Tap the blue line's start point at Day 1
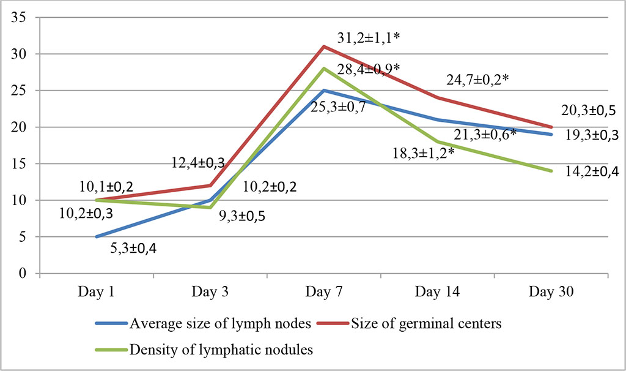click(x=97, y=237)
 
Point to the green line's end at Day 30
click(x=551, y=171)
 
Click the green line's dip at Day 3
click(x=210, y=208)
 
